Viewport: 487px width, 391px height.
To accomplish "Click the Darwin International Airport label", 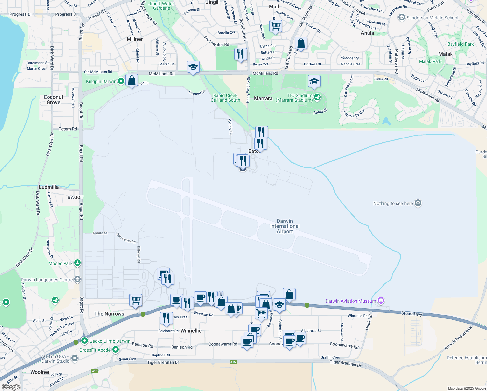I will tap(285, 226).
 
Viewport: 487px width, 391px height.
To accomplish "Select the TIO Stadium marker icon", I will tap(317, 97).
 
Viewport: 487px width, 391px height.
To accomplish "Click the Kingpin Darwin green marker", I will tap(121, 81).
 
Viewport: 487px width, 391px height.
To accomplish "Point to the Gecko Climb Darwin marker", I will tap(85, 341).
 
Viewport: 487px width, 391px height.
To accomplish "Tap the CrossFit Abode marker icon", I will tap(116, 350).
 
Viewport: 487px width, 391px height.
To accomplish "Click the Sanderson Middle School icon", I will tap(402, 17).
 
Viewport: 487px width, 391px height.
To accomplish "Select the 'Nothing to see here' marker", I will tap(418, 203).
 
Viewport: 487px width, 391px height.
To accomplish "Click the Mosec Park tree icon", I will tap(77, 263).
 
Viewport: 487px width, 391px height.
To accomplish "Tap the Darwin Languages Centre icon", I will tap(77, 279).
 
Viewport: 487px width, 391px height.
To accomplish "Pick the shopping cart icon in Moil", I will tap(275, 26).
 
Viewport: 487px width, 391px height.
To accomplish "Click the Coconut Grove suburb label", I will tap(53, 100).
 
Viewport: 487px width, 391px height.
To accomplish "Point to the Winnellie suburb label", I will tap(191, 331).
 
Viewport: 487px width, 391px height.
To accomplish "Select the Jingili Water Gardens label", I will tap(161, 6).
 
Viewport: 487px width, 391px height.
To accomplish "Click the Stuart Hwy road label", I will tap(411, 314).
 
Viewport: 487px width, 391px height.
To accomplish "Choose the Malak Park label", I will tap(430, 61).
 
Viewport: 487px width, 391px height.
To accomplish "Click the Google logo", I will tap(11, 387).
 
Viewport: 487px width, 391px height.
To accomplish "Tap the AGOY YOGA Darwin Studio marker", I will tap(75, 358).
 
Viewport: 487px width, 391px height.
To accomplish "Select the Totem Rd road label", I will tap(68, 129).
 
